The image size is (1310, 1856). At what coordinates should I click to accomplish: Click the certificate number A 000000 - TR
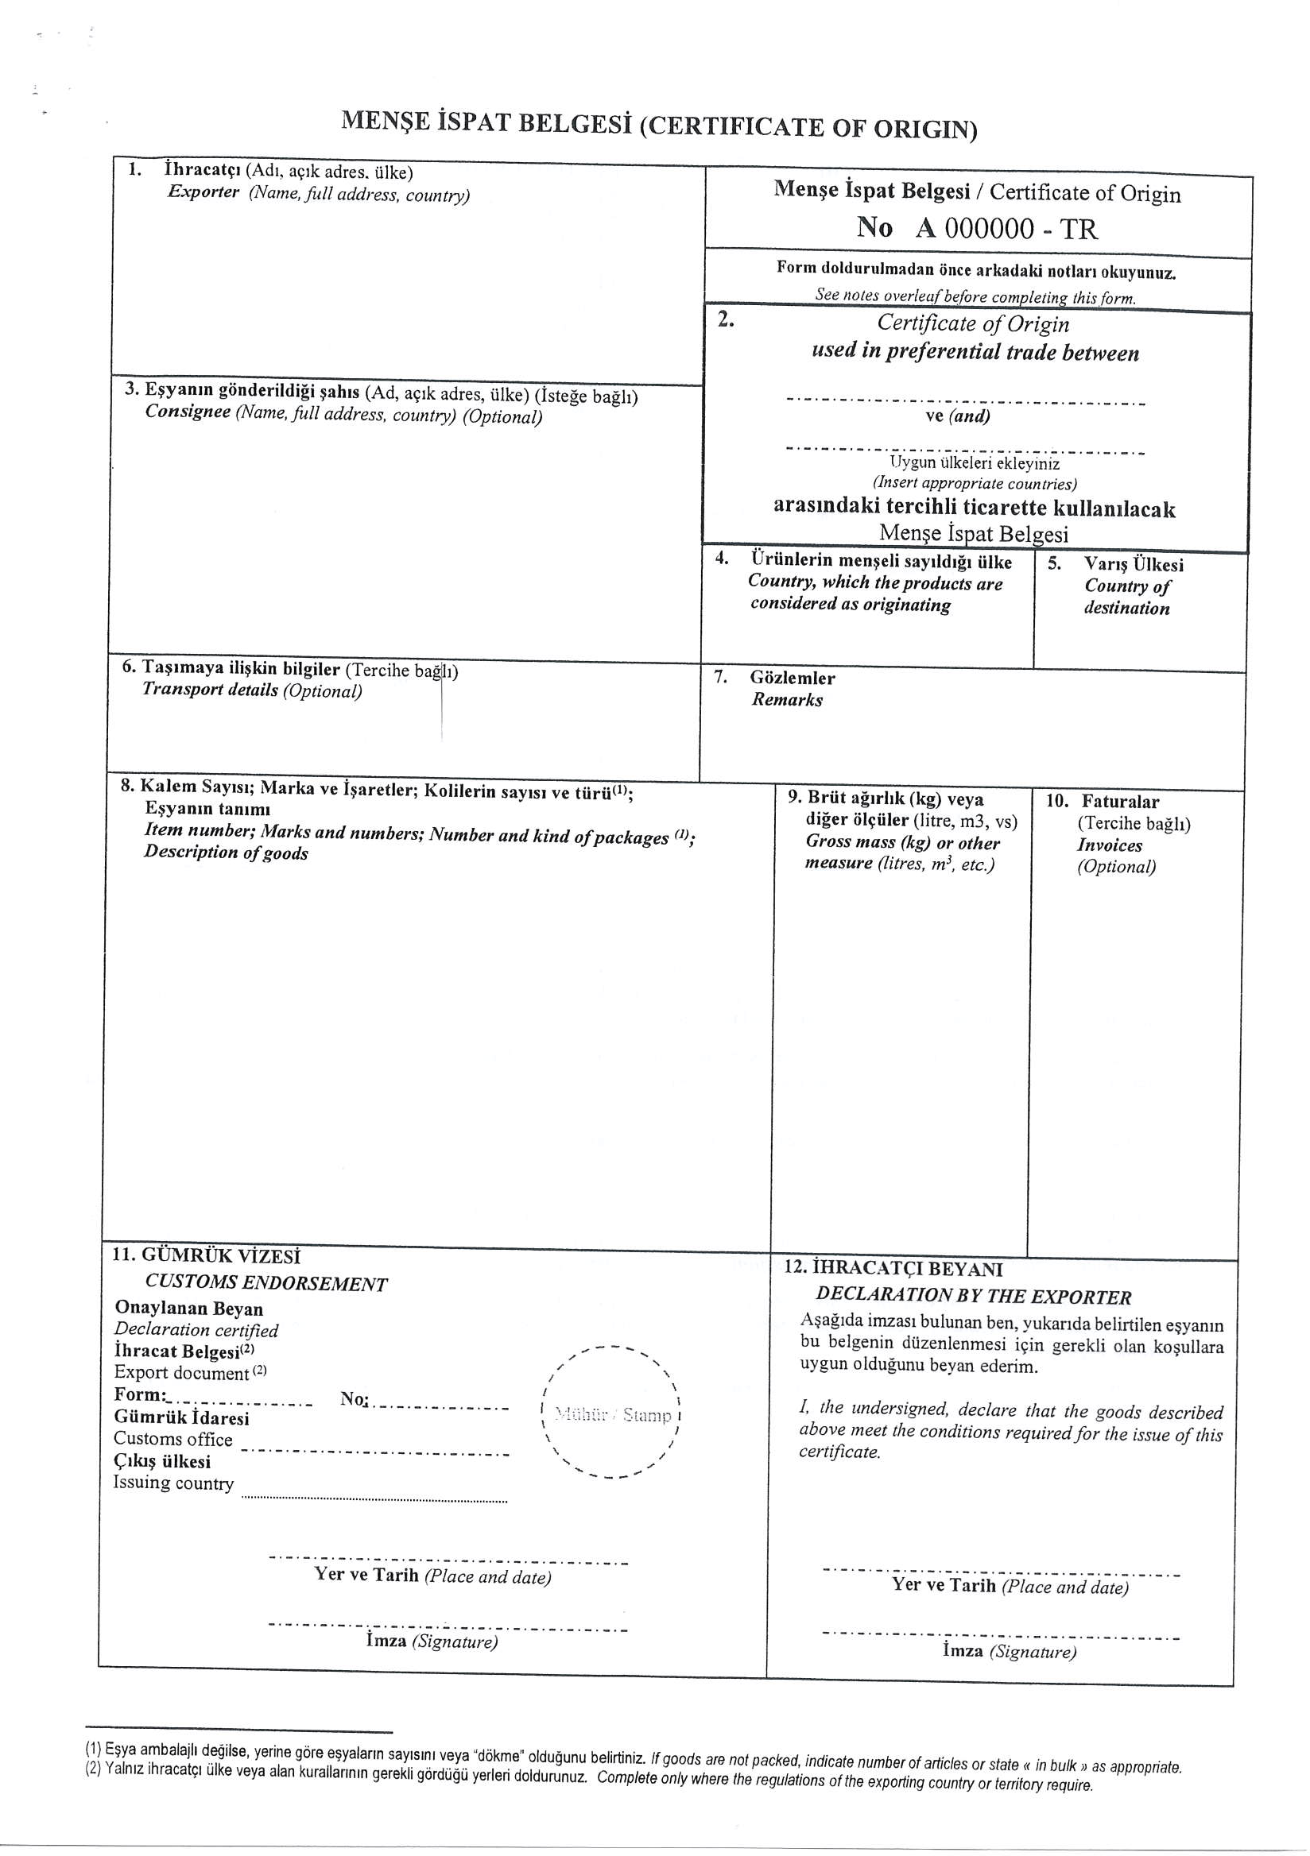coord(1006,230)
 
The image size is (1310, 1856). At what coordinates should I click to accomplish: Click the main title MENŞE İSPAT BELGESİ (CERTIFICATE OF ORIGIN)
coord(658,126)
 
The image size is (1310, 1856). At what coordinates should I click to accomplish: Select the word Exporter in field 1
coord(203,192)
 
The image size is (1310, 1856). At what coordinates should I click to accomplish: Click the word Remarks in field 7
coord(786,700)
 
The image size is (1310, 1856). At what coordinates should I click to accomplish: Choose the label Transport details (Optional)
coord(251,690)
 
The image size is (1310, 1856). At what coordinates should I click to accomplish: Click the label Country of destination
coord(1127,597)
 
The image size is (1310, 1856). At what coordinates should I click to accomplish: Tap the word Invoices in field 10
coord(1110,845)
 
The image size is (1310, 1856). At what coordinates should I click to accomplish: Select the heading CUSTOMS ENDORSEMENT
coord(266,1284)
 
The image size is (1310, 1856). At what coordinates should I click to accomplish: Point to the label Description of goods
coord(226,853)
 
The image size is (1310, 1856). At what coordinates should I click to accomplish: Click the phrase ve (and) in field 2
coord(957,416)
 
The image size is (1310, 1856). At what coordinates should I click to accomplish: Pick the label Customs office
coord(173,1439)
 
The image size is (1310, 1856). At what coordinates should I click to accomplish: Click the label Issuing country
coord(173,1483)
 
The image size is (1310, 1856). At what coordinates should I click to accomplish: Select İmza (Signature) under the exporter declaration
coord(1010,1652)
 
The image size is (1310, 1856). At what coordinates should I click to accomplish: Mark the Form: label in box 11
coord(140,1394)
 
